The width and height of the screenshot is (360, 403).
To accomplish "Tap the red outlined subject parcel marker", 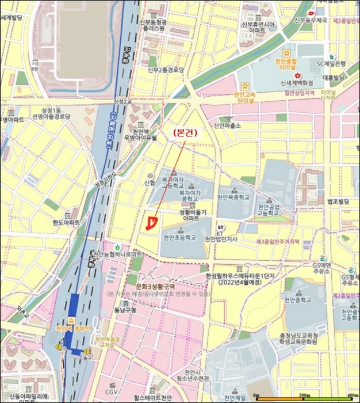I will pyautogui.click(x=151, y=223).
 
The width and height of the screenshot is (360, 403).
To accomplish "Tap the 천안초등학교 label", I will pyautogui.click(x=180, y=238).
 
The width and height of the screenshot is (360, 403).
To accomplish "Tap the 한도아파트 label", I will pyautogui.click(x=66, y=222).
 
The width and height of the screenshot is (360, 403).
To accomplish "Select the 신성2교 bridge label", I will pyautogui.click(x=122, y=102).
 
